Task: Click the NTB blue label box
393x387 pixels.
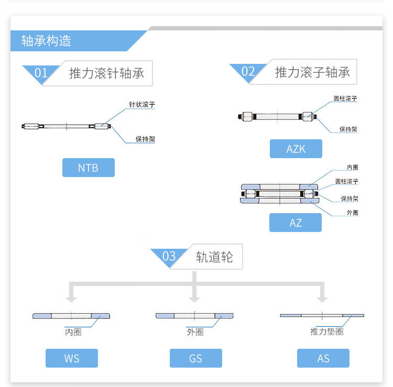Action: pyautogui.click(x=88, y=168)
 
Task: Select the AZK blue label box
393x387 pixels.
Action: pyautogui.click(x=296, y=149)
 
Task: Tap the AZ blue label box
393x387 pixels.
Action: pyautogui.click(x=296, y=223)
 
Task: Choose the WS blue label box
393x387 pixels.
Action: pyautogui.click(x=72, y=358)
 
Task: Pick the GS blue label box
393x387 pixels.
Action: pyautogui.click(x=195, y=358)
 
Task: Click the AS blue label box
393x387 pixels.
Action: pyautogui.click(x=323, y=358)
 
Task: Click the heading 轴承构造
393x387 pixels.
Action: pyautogui.click(x=46, y=41)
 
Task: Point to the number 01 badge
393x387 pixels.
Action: pyautogui.click(x=41, y=73)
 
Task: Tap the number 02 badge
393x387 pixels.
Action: pyautogui.click(x=248, y=72)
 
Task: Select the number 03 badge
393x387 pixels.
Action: pyautogui.click(x=169, y=257)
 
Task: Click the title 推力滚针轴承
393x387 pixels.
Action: pyautogui.click(x=106, y=73)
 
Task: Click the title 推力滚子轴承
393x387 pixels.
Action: pyautogui.click(x=312, y=72)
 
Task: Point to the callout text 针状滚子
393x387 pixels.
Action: pyautogui.click(x=142, y=105)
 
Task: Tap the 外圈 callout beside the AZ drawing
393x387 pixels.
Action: pyautogui.click(x=353, y=213)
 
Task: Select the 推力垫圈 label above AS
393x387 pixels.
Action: pyautogui.click(x=326, y=332)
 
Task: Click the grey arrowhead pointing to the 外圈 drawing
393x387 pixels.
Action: pyautogui.click(x=194, y=298)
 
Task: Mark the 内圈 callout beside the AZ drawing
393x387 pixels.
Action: pyautogui.click(x=353, y=167)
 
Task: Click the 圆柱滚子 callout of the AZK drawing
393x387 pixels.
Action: pyautogui.click(x=346, y=98)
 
